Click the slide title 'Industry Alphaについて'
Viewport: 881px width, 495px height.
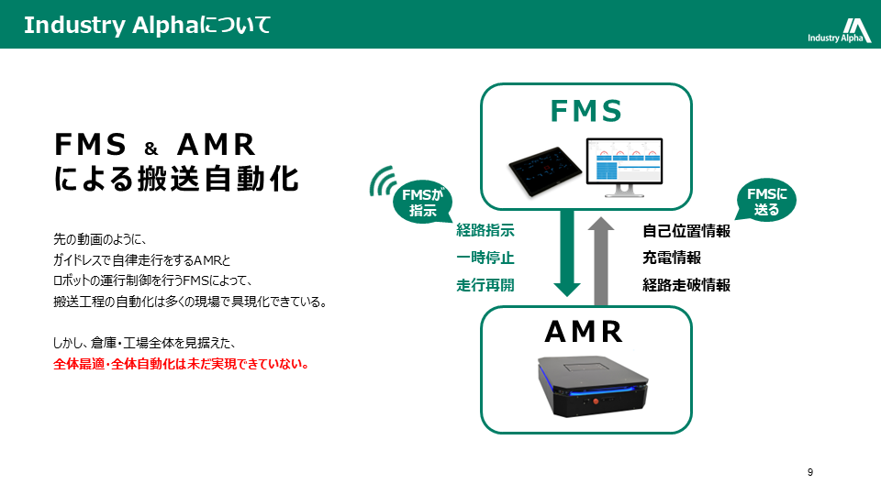tap(148, 25)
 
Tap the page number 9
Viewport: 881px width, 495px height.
tap(810, 472)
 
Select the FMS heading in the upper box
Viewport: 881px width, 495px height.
tap(586, 111)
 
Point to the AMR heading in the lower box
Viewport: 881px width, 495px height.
tap(585, 330)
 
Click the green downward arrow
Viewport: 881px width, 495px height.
tap(568, 253)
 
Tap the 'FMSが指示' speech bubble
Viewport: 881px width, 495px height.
tap(421, 202)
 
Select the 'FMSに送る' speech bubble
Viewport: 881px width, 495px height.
tap(766, 201)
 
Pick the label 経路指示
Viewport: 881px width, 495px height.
tap(485, 231)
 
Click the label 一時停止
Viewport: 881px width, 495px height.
tap(485, 258)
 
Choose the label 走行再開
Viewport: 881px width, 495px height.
tap(485, 285)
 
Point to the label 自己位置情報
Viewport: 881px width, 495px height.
tap(686, 231)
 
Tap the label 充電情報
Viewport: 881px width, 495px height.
tap(672, 258)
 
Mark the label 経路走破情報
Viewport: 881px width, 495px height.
tap(686, 285)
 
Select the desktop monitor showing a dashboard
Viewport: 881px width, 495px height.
tap(623, 166)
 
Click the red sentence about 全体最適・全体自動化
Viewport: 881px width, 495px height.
tap(181, 364)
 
